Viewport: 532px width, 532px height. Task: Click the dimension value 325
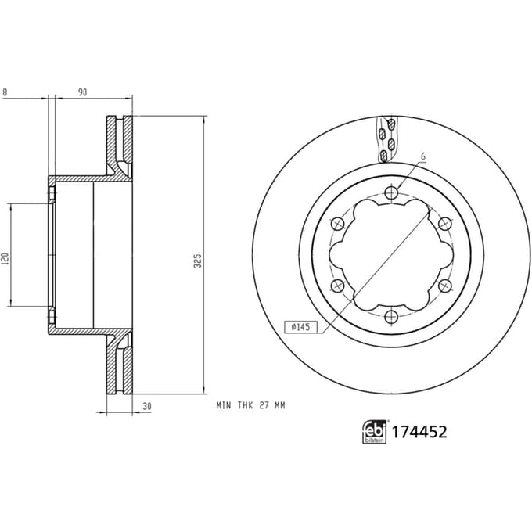pyautogui.click(x=197, y=261)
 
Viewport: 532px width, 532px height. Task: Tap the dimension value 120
pyautogui.click(x=5, y=259)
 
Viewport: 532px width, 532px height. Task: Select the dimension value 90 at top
pyautogui.click(x=82, y=92)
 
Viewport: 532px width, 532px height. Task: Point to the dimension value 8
pyautogui.click(x=5, y=92)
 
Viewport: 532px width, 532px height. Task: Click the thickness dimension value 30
pyautogui.click(x=147, y=406)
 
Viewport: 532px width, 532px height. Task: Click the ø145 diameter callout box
pyautogui.click(x=300, y=327)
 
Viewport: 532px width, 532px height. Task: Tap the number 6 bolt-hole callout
pyautogui.click(x=422, y=156)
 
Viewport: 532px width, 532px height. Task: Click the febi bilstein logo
pyautogui.click(x=375, y=432)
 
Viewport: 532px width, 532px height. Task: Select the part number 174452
pyautogui.click(x=419, y=432)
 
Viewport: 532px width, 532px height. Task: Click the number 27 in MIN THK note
pyautogui.click(x=264, y=405)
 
